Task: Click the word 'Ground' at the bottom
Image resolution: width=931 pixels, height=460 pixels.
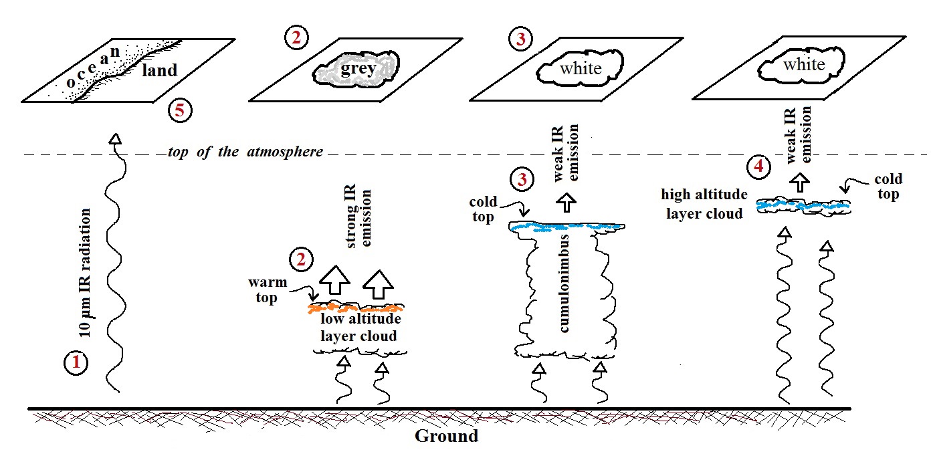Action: (447, 437)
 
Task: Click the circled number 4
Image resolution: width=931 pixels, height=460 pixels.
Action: (758, 166)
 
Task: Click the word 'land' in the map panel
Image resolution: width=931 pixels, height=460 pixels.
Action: (159, 70)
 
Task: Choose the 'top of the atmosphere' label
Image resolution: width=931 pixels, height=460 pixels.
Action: (245, 152)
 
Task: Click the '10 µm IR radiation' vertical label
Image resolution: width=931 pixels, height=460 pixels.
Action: (85, 271)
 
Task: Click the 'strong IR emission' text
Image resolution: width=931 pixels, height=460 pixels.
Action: (360, 219)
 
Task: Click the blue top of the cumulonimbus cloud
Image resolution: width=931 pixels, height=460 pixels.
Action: (567, 227)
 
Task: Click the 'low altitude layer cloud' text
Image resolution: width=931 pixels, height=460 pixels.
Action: (358, 328)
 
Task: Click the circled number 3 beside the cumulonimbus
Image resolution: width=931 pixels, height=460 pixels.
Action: (520, 179)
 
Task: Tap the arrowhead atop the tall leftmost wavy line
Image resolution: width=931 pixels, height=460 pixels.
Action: (116, 138)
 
